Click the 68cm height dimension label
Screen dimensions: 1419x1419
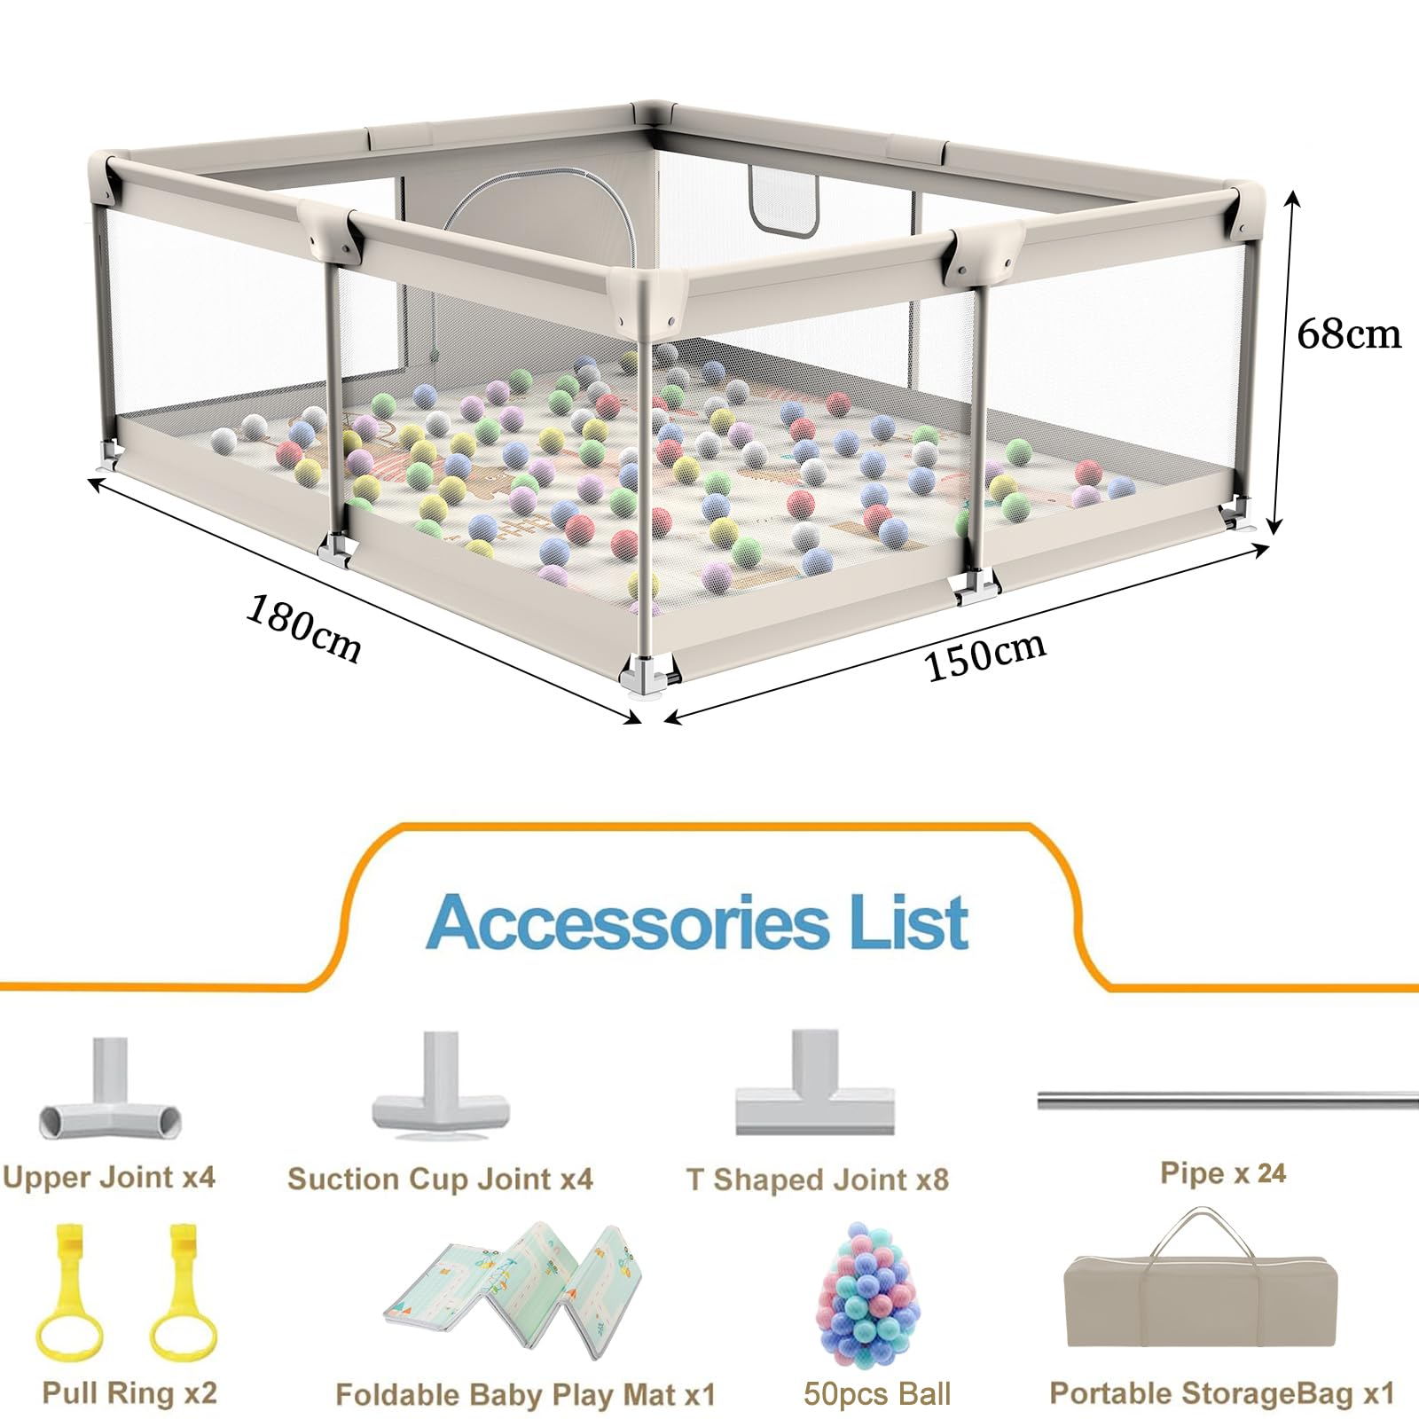(1348, 334)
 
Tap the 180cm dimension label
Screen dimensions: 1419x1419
(304, 628)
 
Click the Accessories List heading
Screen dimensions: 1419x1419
(697, 922)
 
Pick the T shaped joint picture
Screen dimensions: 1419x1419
(814, 1082)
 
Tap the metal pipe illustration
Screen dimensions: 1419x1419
(1227, 1101)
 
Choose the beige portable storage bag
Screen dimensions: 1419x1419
(1201, 1282)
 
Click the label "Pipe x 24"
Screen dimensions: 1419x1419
(1223, 1173)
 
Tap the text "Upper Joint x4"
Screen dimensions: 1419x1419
(109, 1178)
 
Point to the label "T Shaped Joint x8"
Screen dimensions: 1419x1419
(817, 1180)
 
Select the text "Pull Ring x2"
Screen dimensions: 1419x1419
(129, 1393)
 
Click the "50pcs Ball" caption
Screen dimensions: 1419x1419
(876, 1394)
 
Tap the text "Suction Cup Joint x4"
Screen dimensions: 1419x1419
(440, 1180)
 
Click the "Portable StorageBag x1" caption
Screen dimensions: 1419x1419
(1222, 1394)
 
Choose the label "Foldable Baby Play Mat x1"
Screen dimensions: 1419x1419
(525, 1395)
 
